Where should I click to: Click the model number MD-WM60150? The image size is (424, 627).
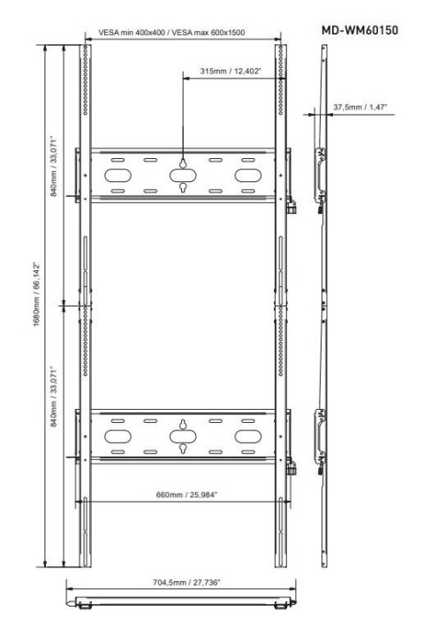360,30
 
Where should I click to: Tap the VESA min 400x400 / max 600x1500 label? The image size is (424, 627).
171,33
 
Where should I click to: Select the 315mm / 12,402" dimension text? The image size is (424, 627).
231,72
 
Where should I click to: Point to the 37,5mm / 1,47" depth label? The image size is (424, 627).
360,107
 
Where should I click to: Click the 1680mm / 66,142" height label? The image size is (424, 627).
37,294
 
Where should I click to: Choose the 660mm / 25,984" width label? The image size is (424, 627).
186,495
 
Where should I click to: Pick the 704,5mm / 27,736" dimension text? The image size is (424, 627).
186,582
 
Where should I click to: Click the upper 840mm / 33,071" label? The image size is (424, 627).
54,166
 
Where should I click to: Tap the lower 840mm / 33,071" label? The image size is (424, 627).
54,397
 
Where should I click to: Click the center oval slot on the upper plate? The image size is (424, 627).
183,175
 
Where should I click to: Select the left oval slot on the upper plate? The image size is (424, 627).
117,175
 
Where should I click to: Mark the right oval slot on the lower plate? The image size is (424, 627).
248,436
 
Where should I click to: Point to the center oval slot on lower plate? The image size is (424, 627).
183,436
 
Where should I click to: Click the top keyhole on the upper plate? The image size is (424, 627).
183,163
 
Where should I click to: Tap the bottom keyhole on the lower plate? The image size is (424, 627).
183,449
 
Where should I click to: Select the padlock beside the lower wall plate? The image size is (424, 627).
291,467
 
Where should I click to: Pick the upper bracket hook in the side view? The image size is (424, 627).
320,176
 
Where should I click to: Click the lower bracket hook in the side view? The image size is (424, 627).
320,436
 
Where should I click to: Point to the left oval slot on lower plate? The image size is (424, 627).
117,436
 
